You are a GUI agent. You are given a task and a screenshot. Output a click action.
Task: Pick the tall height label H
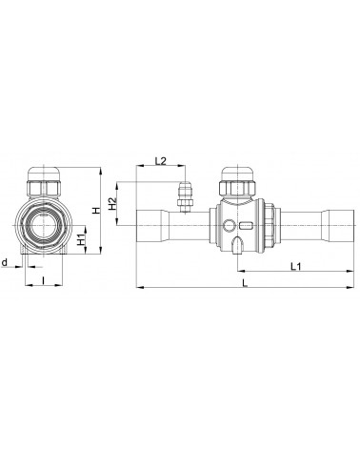click(x=94, y=211)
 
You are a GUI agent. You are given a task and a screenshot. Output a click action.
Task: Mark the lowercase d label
click(x=6, y=260)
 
